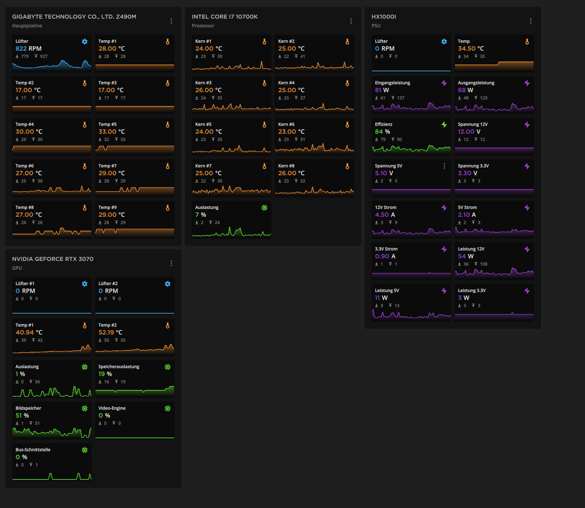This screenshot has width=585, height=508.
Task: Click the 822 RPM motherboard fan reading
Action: click(x=29, y=48)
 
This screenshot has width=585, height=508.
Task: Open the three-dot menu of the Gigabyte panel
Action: click(x=171, y=21)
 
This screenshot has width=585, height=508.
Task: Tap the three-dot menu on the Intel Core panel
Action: click(x=351, y=21)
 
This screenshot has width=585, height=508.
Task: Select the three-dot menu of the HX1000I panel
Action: click(x=531, y=21)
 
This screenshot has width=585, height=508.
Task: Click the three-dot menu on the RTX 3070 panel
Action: click(x=171, y=263)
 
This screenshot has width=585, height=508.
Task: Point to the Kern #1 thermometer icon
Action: click(x=264, y=42)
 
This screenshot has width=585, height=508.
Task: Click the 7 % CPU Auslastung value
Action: click(x=200, y=215)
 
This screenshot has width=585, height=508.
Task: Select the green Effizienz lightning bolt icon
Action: click(x=444, y=125)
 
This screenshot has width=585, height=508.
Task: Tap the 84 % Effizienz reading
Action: click(x=382, y=132)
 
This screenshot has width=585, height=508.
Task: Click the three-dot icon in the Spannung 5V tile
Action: click(x=444, y=166)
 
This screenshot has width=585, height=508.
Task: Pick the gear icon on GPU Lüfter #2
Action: click(x=168, y=284)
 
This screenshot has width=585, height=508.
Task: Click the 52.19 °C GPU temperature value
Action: click(x=110, y=332)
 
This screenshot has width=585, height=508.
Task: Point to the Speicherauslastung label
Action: click(x=119, y=367)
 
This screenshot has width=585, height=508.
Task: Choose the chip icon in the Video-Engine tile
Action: click(x=168, y=408)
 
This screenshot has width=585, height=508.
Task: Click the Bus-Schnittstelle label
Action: click(x=33, y=450)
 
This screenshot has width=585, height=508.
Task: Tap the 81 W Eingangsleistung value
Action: click(x=382, y=90)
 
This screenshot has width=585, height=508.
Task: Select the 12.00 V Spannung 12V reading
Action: click(x=469, y=132)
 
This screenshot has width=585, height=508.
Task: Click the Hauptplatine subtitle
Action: click(x=27, y=26)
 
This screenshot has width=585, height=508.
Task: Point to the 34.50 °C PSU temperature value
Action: click(x=471, y=48)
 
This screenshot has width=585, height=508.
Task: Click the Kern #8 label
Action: click(x=286, y=166)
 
